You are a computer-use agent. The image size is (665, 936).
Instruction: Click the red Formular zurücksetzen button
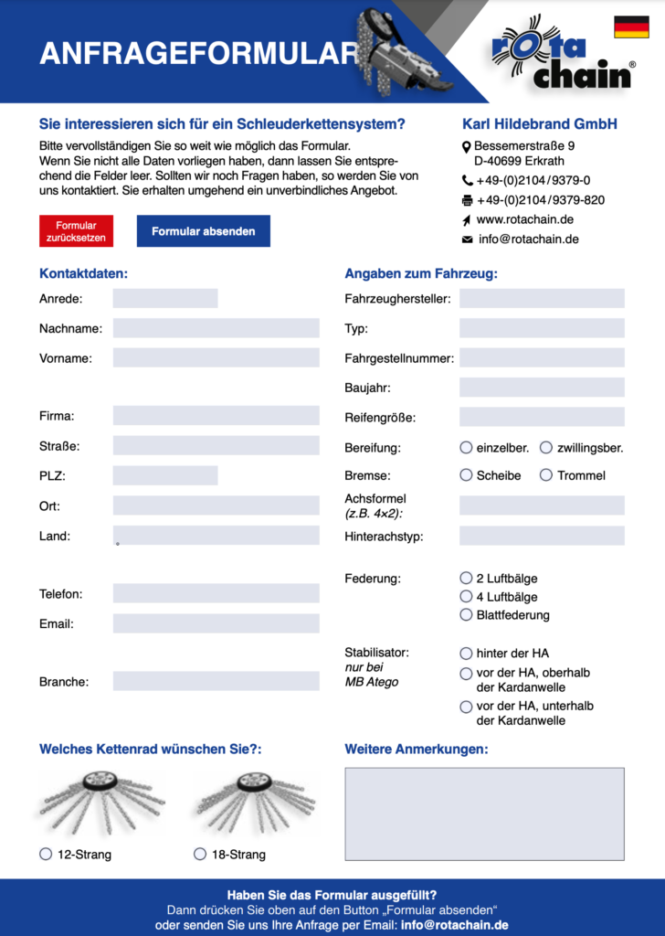(76, 231)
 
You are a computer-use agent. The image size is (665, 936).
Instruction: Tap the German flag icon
(631, 27)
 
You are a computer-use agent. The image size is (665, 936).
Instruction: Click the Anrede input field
(165, 298)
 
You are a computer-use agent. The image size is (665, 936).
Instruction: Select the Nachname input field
(216, 328)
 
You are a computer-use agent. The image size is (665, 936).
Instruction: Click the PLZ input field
(165, 475)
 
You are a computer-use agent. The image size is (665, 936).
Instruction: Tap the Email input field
(216, 623)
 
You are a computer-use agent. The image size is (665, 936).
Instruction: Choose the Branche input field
(216, 681)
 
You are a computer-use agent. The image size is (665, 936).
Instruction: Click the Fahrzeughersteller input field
(542, 298)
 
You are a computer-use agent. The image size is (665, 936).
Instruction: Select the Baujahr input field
(542, 388)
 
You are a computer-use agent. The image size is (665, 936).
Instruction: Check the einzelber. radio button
(467, 448)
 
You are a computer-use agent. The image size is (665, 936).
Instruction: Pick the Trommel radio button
(546, 475)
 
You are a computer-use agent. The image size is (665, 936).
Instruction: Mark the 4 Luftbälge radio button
(467, 597)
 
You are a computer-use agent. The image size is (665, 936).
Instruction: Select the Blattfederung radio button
(467, 615)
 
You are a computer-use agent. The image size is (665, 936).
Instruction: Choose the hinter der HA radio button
(467, 654)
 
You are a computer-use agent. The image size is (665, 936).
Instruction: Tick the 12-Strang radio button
(46, 854)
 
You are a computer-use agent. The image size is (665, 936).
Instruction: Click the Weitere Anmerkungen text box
(484, 814)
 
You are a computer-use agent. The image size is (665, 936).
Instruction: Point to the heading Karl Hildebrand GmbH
(539, 124)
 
